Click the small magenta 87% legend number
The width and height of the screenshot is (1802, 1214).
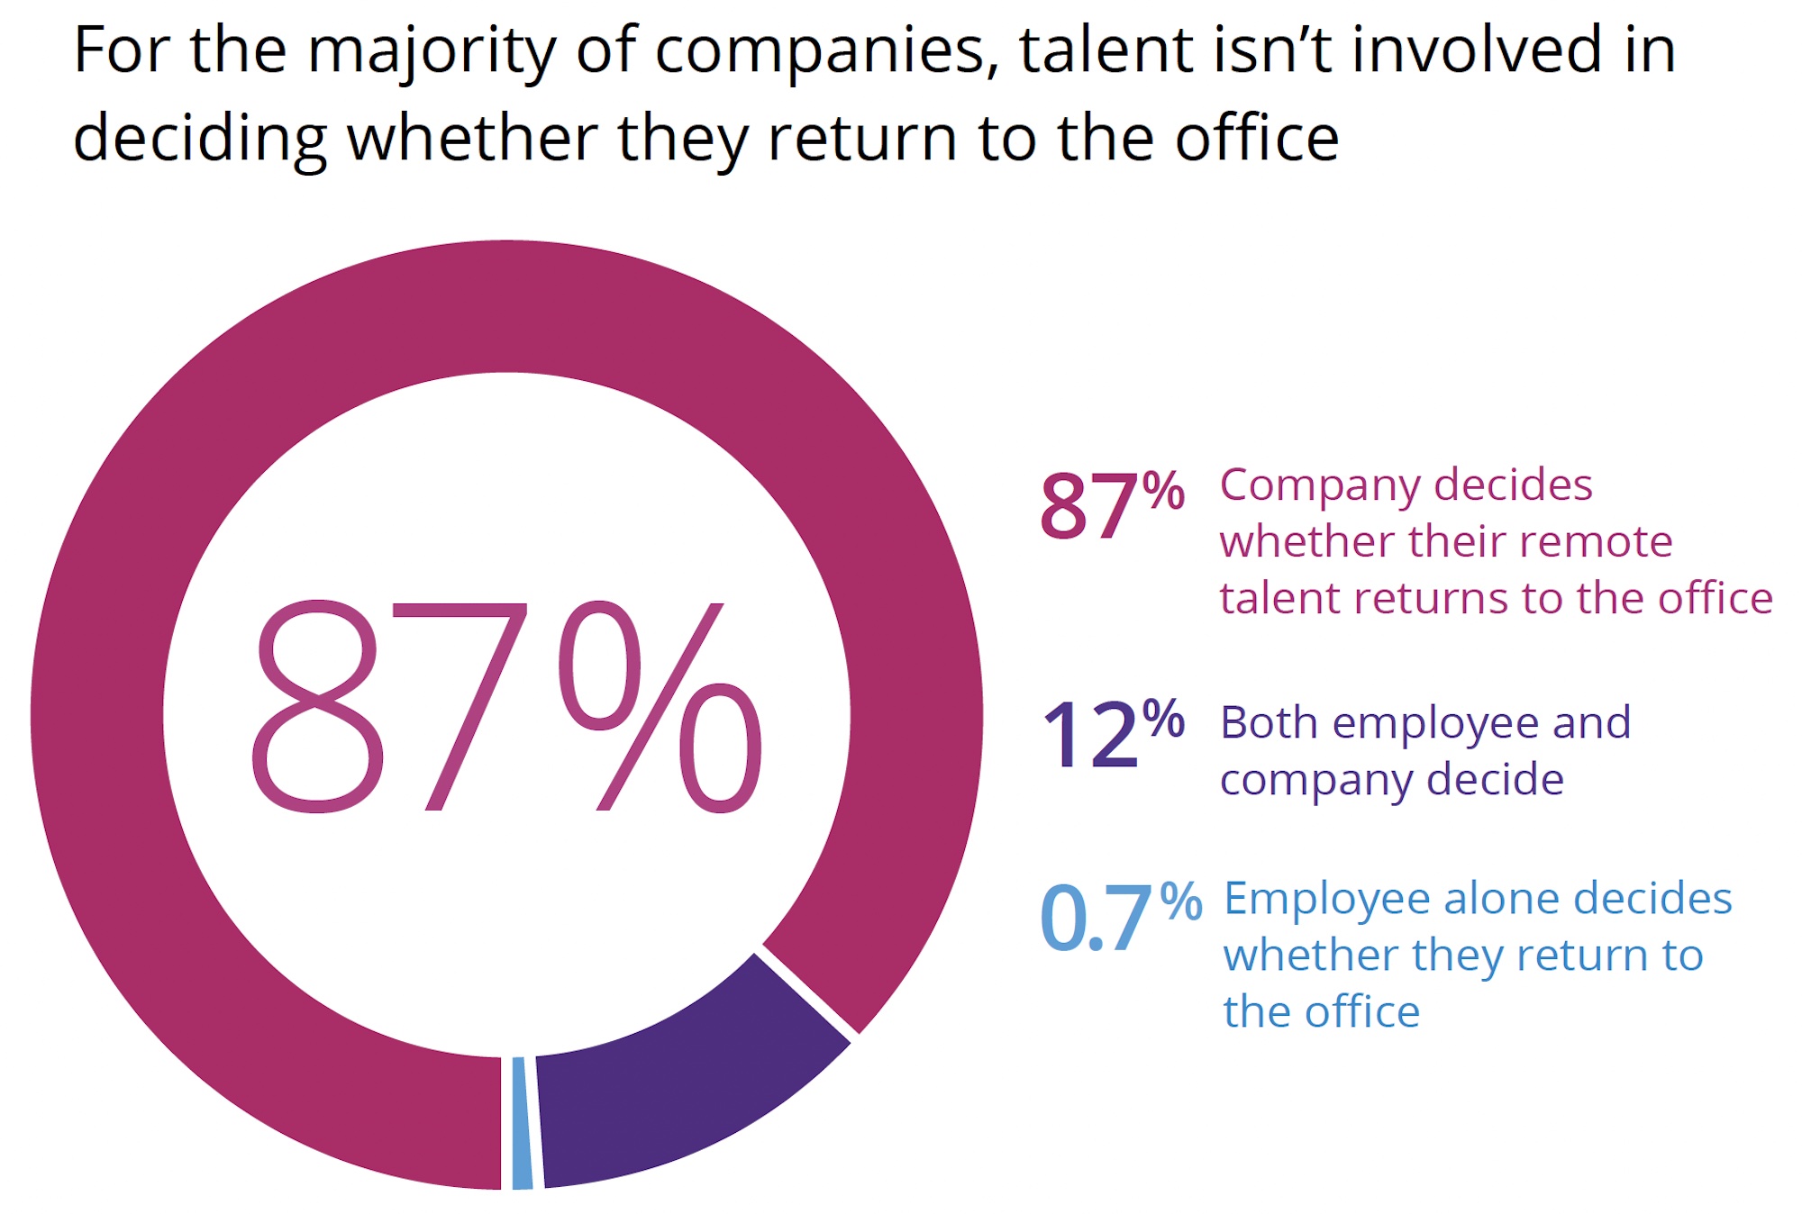(1111, 505)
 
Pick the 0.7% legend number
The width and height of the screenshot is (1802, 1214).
(1120, 916)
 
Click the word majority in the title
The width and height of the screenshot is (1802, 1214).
(432, 51)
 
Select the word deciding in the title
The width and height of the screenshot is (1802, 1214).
(200, 140)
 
